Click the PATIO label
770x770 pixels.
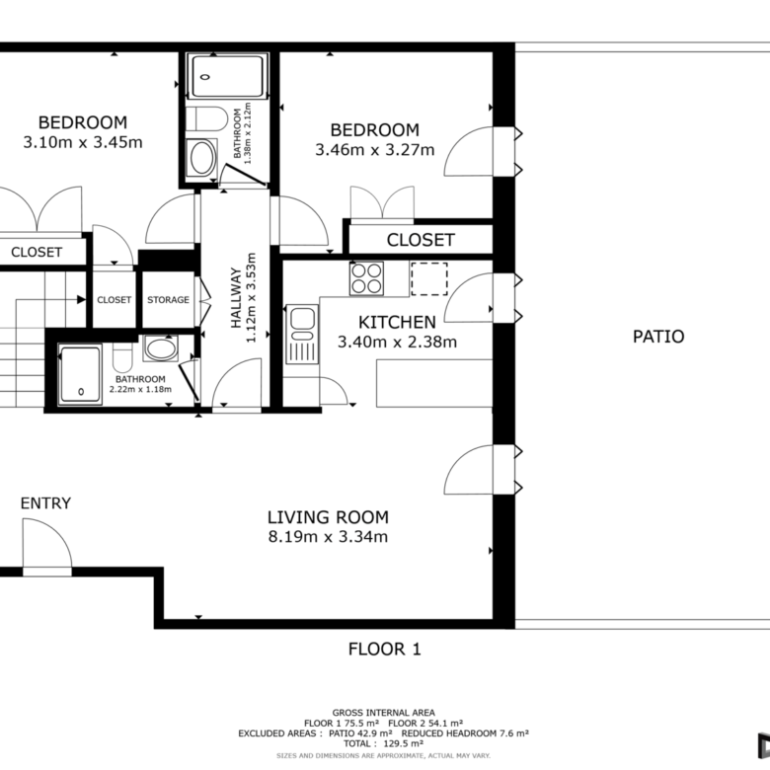point(658,337)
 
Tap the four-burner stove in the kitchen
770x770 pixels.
point(366,278)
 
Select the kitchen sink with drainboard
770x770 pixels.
point(302,334)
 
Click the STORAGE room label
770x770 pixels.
point(168,299)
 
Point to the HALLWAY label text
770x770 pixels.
point(236,297)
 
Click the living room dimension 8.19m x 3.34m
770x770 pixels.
point(328,537)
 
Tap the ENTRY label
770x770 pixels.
point(45,503)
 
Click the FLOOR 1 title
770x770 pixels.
point(385,650)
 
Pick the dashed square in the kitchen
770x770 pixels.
point(429,279)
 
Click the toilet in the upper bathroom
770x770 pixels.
point(206,118)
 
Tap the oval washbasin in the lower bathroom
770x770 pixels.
point(161,348)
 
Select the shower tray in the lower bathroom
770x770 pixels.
point(80,375)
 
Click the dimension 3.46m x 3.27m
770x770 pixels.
point(375,150)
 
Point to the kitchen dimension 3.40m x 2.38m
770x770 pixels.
point(397,342)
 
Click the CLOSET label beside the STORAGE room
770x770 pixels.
point(114,299)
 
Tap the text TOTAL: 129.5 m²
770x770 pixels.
point(384,743)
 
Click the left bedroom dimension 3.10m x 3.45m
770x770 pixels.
point(83,142)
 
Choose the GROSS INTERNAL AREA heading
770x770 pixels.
point(384,713)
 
